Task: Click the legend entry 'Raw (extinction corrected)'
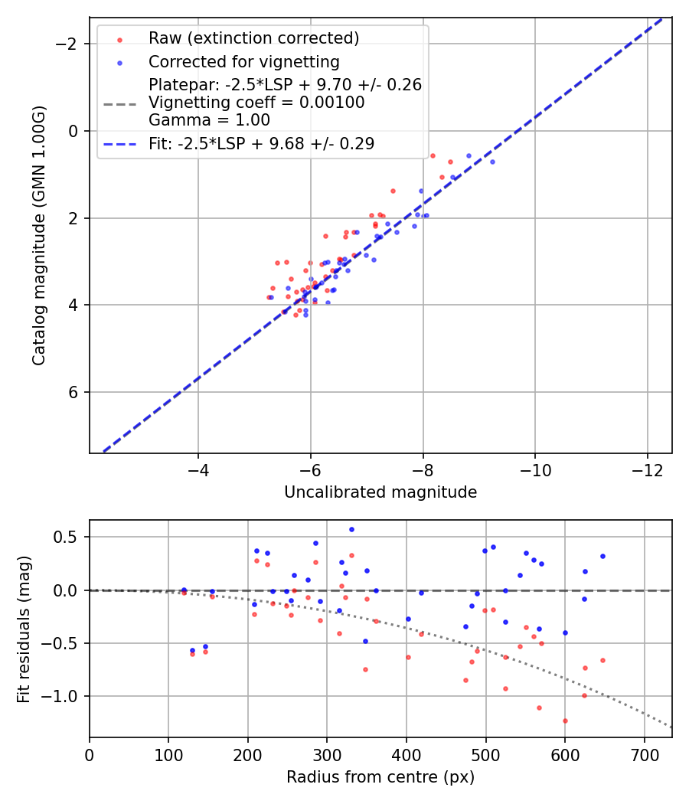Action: tap(253, 38)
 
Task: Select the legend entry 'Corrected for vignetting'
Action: tap(243, 61)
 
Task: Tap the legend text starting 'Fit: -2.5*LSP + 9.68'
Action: tap(261, 143)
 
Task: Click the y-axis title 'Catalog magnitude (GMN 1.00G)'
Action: tap(39, 234)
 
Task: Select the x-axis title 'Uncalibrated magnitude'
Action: tap(380, 492)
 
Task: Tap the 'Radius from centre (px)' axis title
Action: tap(380, 777)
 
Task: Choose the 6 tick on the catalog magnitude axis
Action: tap(74, 392)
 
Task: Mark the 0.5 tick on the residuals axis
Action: tap(69, 537)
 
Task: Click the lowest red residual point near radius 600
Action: tap(565, 721)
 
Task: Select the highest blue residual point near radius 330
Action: tap(351, 529)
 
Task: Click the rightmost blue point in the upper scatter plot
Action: tap(492, 162)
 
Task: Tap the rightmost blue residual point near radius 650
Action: tap(602, 556)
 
